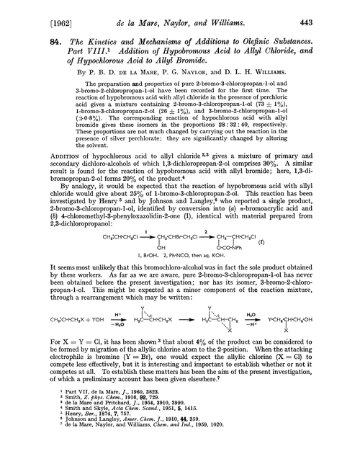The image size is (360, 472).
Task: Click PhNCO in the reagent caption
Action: click(x=191, y=287)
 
